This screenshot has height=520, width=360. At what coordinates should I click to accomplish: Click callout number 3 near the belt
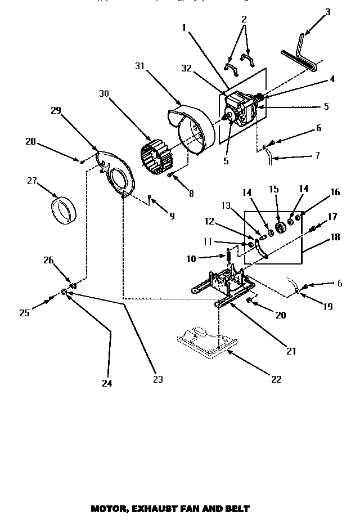point(328,11)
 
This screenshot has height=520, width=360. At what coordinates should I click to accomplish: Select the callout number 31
point(139,66)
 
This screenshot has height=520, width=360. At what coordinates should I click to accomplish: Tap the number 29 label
point(56,110)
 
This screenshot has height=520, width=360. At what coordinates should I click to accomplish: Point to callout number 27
point(32,181)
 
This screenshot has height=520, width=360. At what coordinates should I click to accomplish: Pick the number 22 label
point(276,379)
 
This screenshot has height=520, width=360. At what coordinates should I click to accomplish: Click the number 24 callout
point(107,383)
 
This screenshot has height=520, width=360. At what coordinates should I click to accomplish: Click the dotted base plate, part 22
point(203,342)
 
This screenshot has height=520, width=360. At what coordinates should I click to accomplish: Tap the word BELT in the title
point(236,509)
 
